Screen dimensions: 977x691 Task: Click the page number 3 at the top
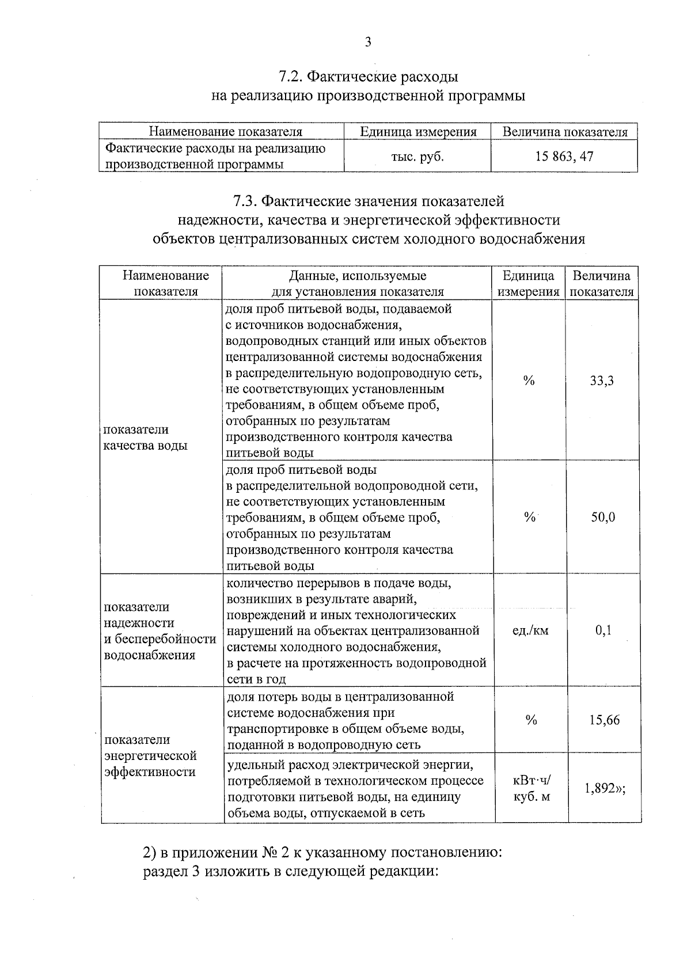click(368, 43)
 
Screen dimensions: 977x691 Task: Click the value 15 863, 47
click(564, 156)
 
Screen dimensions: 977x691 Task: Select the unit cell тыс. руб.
click(417, 157)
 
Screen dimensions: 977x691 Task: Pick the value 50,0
click(603, 517)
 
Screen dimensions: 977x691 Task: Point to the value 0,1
click(603, 630)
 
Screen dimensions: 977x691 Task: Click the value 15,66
click(604, 720)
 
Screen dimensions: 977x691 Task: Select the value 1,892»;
click(604, 789)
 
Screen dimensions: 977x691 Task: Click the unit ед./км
click(530, 630)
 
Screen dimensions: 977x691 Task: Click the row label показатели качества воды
click(145, 438)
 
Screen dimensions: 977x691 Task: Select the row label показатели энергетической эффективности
click(150, 755)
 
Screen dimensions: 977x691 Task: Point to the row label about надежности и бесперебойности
click(160, 631)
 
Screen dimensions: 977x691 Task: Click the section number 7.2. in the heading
click(290, 77)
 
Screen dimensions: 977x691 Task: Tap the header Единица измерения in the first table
click(418, 132)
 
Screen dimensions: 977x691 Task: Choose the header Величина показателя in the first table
click(564, 132)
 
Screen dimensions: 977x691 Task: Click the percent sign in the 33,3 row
click(529, 381)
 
